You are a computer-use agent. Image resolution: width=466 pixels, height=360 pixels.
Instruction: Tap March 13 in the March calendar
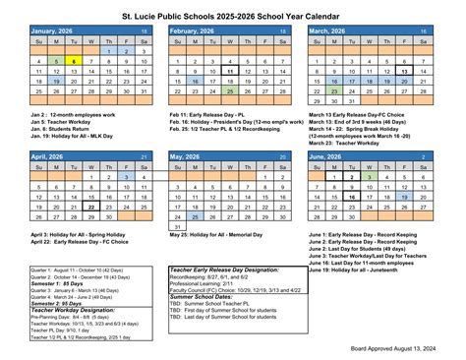[404, 72]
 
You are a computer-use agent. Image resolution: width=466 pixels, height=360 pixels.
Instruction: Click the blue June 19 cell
[404, 197]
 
